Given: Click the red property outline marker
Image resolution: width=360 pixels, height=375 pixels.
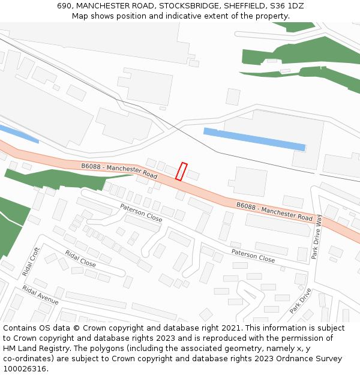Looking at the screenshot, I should (x=181, y=172).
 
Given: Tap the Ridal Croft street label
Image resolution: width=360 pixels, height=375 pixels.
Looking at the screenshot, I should (x=31, y=262).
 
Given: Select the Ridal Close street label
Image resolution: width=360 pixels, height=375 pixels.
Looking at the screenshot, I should (x=80, y=259).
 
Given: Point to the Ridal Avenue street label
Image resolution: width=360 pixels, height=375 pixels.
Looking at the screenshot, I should (x=41, y=295).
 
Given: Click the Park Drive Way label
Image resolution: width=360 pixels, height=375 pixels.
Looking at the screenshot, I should (x=317, y=238).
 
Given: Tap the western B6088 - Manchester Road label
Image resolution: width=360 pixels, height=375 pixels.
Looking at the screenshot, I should (x=119, y=171).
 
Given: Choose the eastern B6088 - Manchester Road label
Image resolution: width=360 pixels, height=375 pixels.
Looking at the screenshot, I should (x=274, y=211).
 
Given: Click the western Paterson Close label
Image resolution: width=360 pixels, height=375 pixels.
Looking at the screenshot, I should (x=141, y=212).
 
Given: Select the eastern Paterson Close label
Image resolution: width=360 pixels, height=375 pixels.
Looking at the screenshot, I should (x=253, y=256).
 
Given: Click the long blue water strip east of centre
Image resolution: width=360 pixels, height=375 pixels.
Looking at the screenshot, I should (x=254, y=139).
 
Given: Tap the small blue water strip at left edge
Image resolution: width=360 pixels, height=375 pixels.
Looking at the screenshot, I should (x=18, y=133).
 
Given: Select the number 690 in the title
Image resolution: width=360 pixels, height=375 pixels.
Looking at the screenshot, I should (x=65, y=6).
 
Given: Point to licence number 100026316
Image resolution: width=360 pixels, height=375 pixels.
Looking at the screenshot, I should (x=25, y=368).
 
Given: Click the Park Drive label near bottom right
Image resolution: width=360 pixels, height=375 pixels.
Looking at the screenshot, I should (x=301, y=302).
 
